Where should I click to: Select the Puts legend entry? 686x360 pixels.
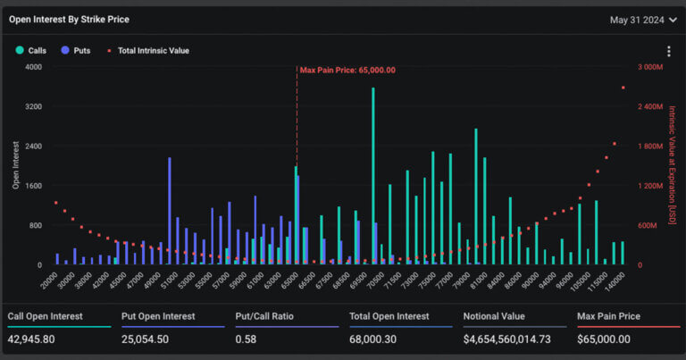pos(75,51)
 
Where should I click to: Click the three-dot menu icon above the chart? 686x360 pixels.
pos(668,52)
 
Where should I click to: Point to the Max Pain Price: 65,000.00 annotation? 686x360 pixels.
pos(347,70)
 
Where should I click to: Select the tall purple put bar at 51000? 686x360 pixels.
pos(169,210)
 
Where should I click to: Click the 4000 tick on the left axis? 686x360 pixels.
pos(33,67)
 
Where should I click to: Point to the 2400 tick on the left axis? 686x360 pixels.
pos(33,147)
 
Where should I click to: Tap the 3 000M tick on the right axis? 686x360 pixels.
pos(649,67)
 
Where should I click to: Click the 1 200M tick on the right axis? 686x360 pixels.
pos(649,186)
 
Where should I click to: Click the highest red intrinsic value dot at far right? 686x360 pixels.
pos(623,88)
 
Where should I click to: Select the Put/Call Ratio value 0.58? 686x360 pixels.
pos(247,339)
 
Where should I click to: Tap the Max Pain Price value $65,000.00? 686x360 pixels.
pos(605,339)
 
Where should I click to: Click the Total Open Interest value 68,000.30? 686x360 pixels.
pos(377,339)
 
